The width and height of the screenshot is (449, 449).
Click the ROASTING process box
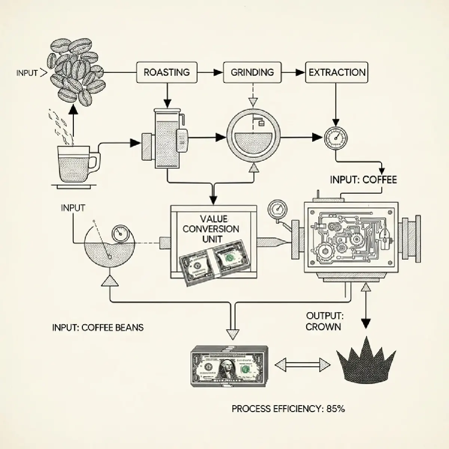[167, 72]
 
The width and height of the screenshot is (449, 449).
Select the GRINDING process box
[252, 72]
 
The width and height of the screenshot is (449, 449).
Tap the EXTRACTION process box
[337, 72]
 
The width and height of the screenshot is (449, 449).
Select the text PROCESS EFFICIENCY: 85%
[288, 409]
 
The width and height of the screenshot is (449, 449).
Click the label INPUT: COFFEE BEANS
[98, 327]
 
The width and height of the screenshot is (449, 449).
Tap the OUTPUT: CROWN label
[324, 321]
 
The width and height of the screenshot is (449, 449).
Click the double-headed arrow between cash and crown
[302, 364]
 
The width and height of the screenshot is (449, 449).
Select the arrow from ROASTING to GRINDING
[210, 73]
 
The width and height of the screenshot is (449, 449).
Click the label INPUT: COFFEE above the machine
[363, 180]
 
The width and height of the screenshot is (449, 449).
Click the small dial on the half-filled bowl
[120, 233]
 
